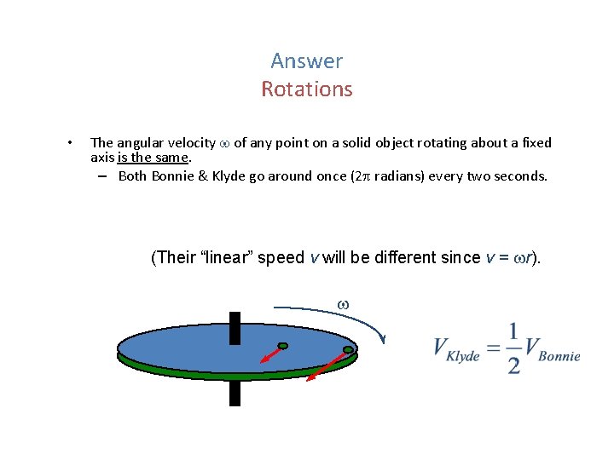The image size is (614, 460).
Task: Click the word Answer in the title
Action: (306, 61)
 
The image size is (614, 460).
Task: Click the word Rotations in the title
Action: (306, 89)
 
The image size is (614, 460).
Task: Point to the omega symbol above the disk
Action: (343, 304)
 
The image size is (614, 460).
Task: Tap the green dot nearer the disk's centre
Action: (283, 346)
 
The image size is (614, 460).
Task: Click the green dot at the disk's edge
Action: (348, 350)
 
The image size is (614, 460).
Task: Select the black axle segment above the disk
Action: (235, 327)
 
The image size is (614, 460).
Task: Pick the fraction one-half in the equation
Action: (513, 348)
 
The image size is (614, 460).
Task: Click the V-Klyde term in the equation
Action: (456, 350)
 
